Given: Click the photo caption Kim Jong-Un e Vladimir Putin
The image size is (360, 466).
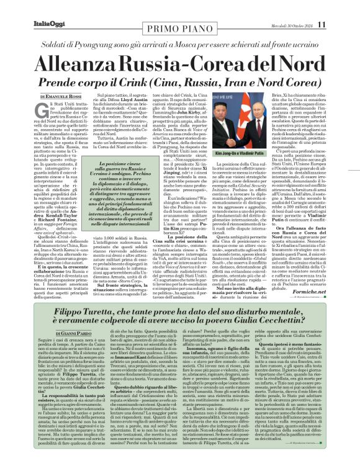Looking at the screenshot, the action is tap(235, 150).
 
